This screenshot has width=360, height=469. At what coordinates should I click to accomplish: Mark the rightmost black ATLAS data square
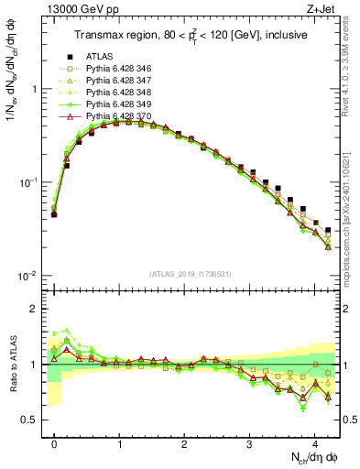point(328,230)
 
